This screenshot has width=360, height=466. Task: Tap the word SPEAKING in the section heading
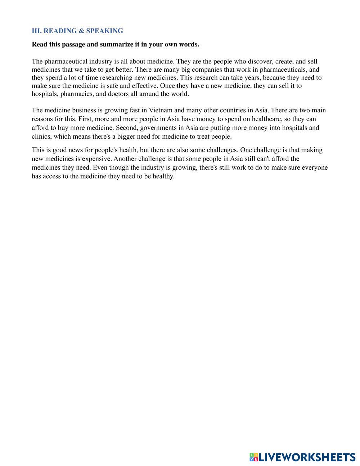104,31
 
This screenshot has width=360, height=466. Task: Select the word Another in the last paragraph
125,159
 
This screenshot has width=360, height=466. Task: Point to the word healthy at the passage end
163,176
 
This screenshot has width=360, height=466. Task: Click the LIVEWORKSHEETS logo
302,457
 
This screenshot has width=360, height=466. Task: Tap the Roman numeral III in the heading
36,31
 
